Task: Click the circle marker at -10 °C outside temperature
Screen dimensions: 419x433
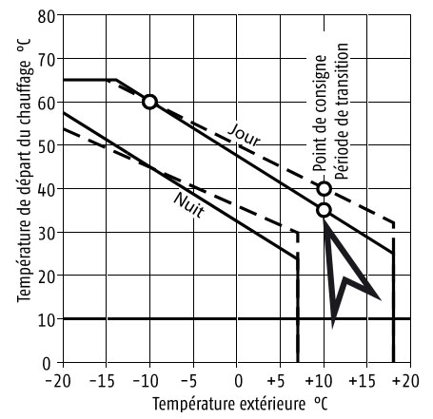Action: point(149,102)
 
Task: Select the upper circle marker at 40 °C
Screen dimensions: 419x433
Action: point(324,188)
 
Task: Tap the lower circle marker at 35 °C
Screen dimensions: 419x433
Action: point(324,209)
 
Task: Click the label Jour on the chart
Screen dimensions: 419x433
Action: point(245,139)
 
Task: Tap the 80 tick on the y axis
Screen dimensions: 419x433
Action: point(45,15)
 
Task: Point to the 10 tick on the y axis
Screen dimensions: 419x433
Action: point(45,319)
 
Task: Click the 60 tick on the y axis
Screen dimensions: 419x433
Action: point(45,102)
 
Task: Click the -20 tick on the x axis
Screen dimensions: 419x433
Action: point(60,381)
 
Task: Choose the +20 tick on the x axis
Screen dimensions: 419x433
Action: point(408,381)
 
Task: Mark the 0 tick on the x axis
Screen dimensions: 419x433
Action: point(237,381)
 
